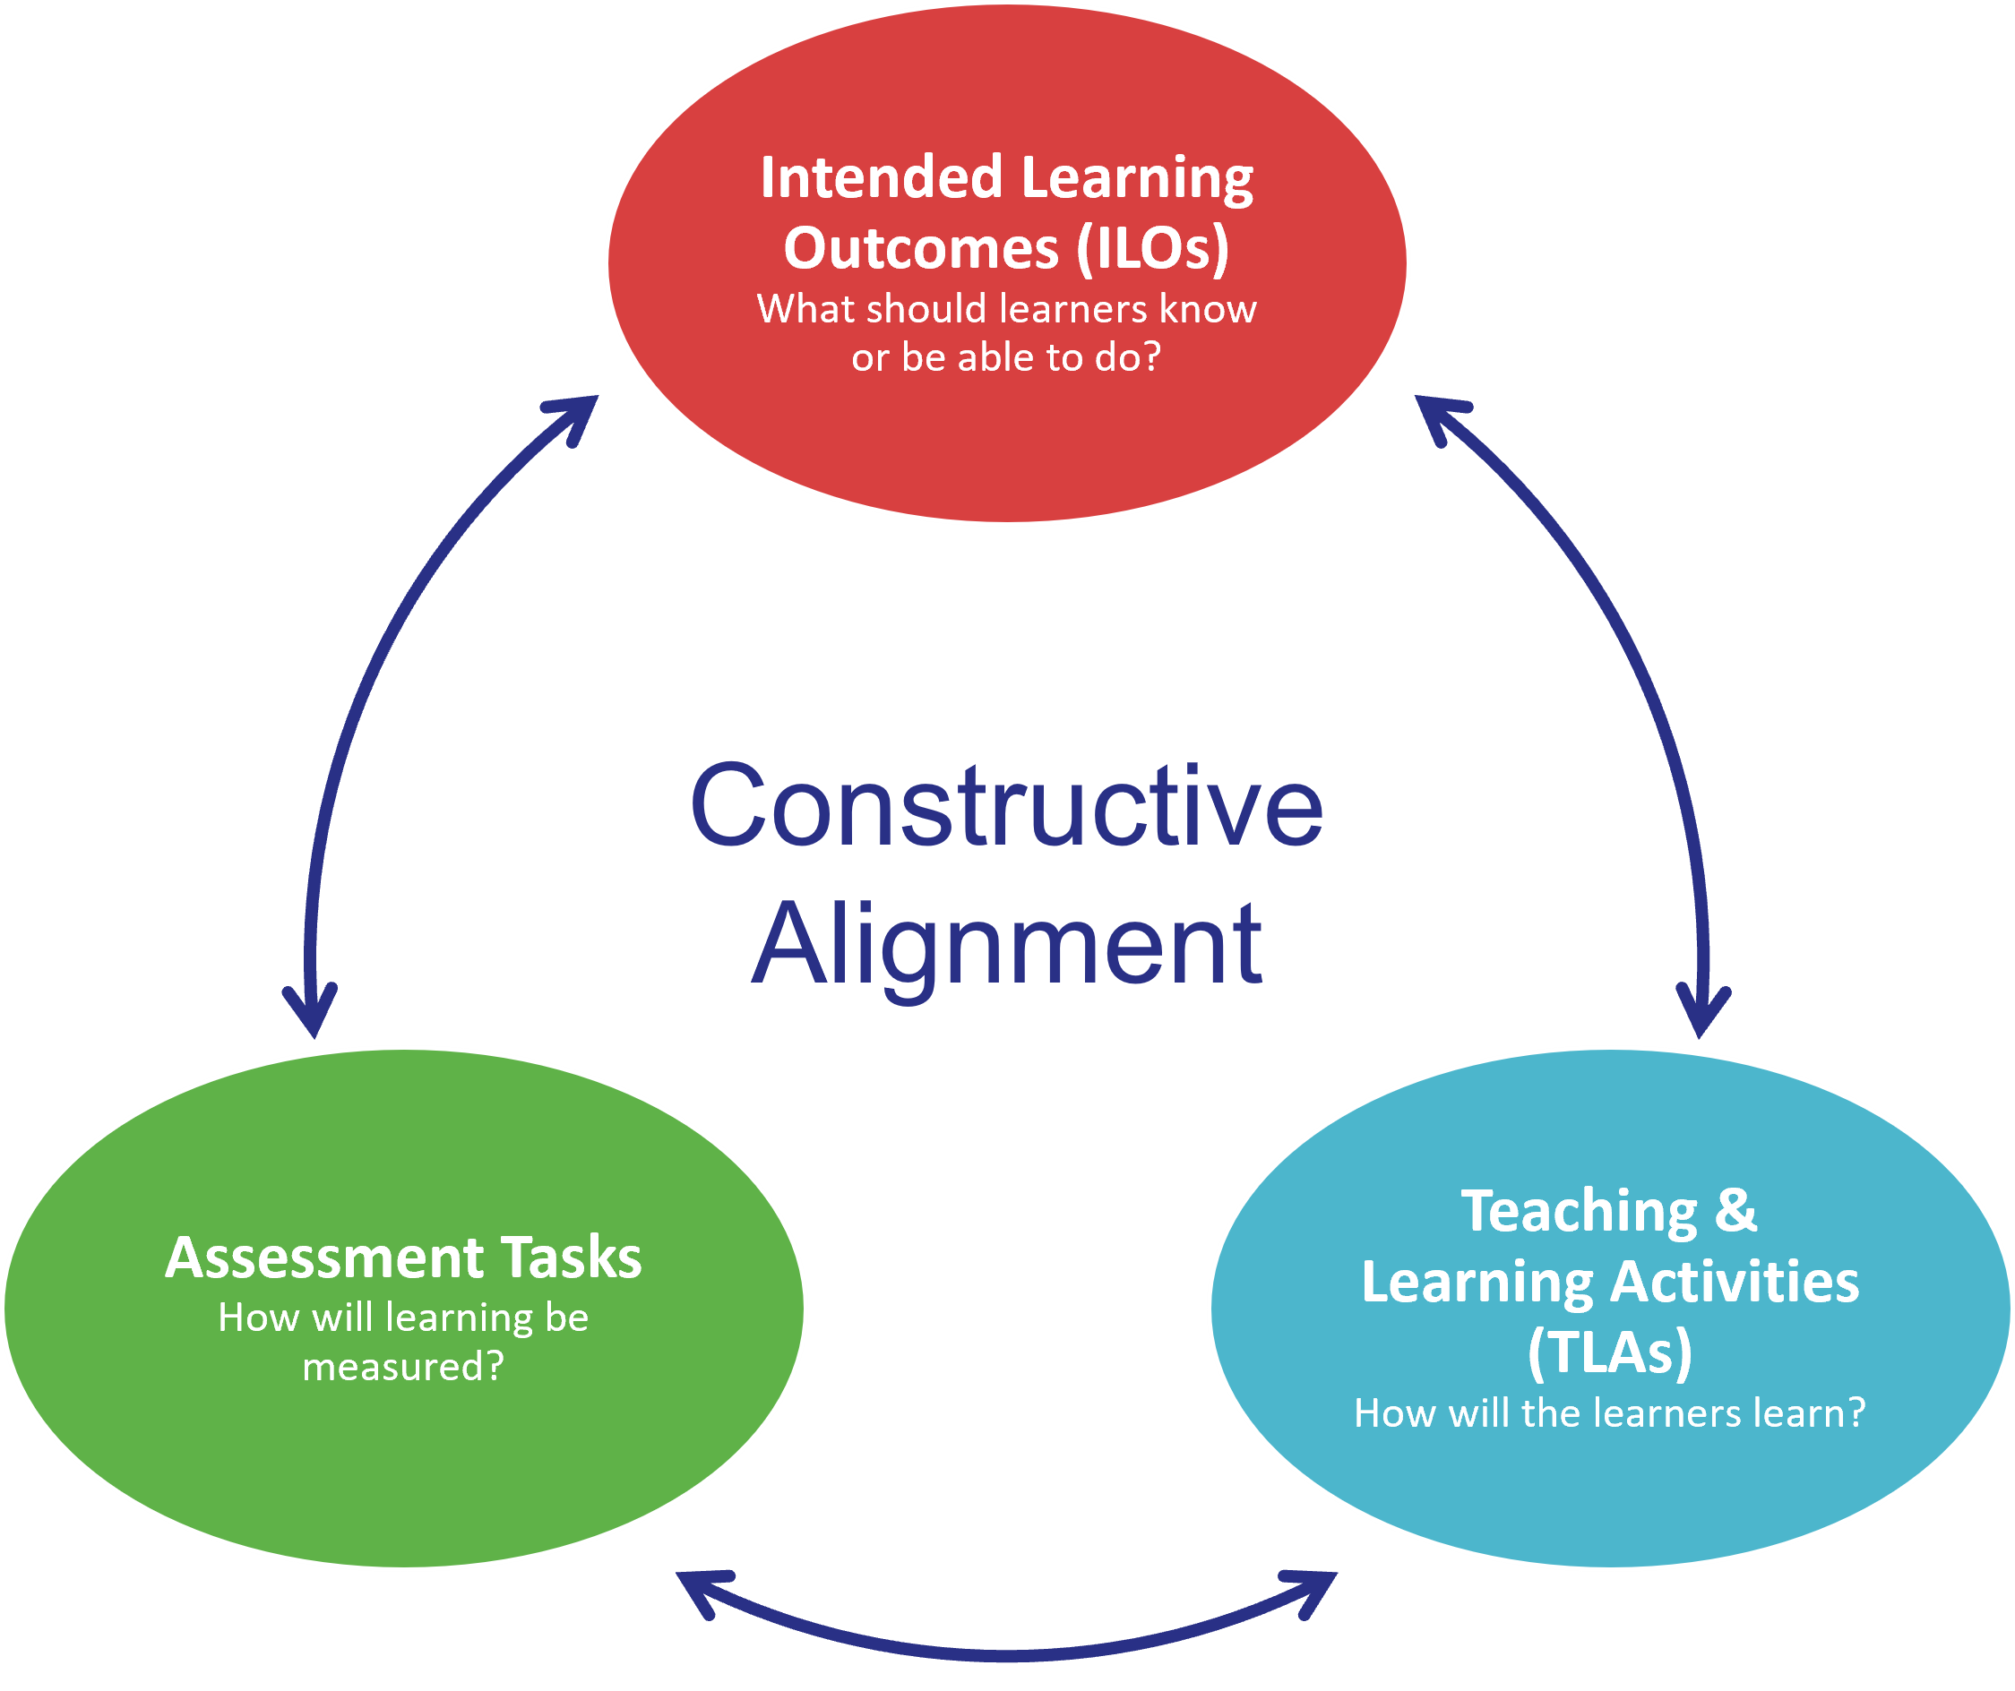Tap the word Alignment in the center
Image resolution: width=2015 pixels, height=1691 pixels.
1006,946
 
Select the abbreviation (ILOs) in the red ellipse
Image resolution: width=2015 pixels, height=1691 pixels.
1151,249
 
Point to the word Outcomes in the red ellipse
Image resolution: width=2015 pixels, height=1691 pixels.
921,249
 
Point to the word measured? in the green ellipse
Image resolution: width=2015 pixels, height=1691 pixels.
403,1367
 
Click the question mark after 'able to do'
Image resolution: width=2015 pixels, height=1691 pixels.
1150,356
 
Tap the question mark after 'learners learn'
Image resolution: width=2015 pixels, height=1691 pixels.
1856,1412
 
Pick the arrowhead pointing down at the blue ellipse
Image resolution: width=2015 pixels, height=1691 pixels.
1701,1014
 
